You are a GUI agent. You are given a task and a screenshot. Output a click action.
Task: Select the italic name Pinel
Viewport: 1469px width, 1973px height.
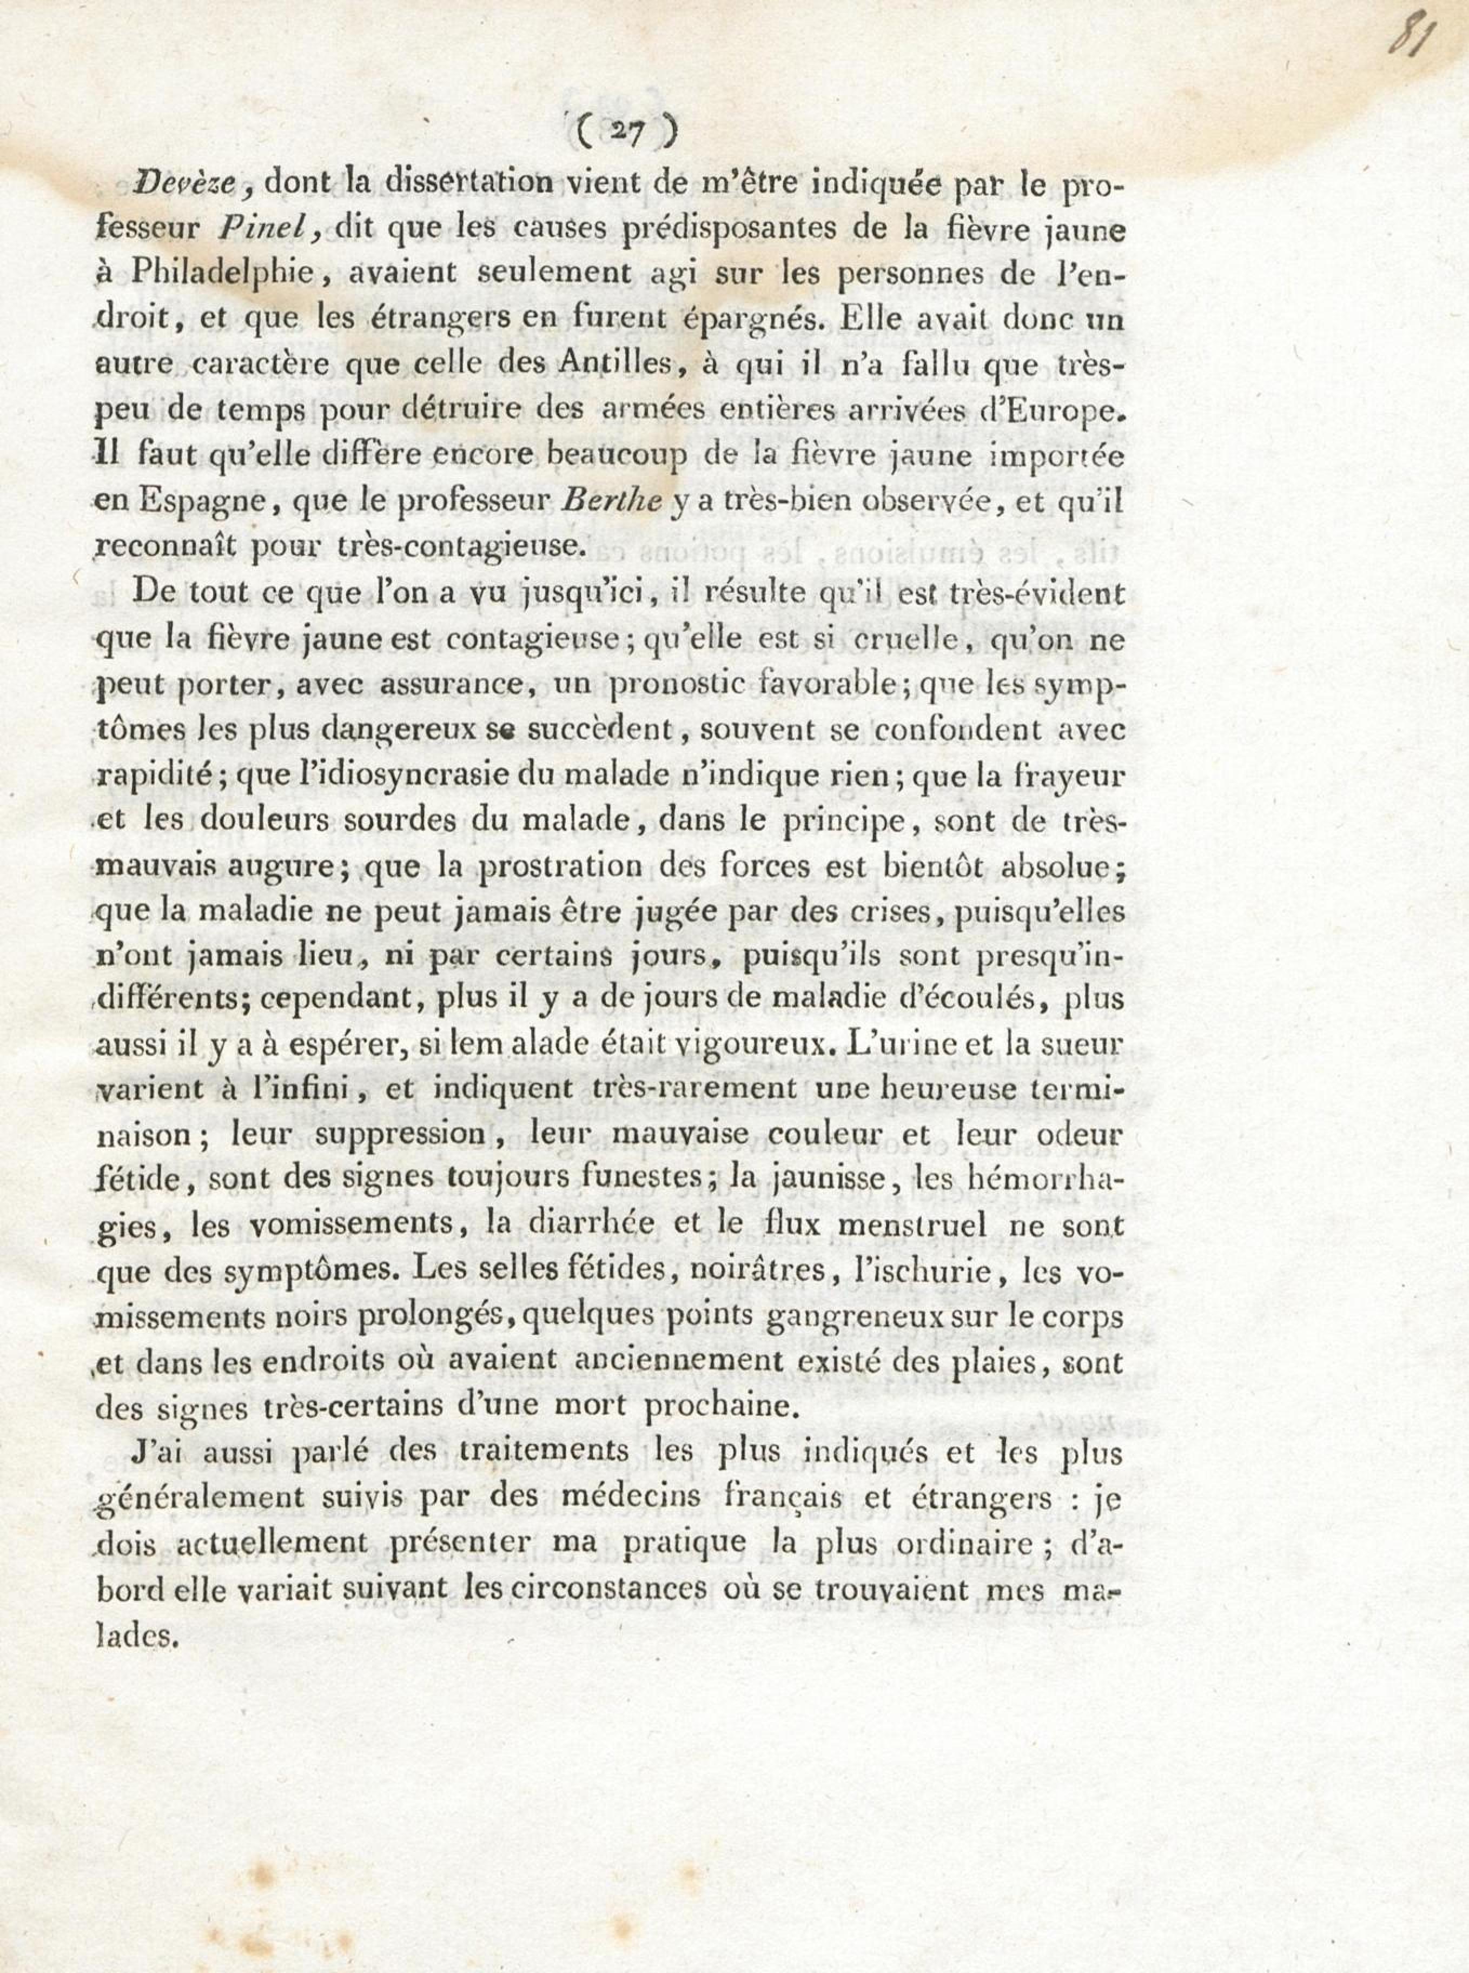click(269, 229)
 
